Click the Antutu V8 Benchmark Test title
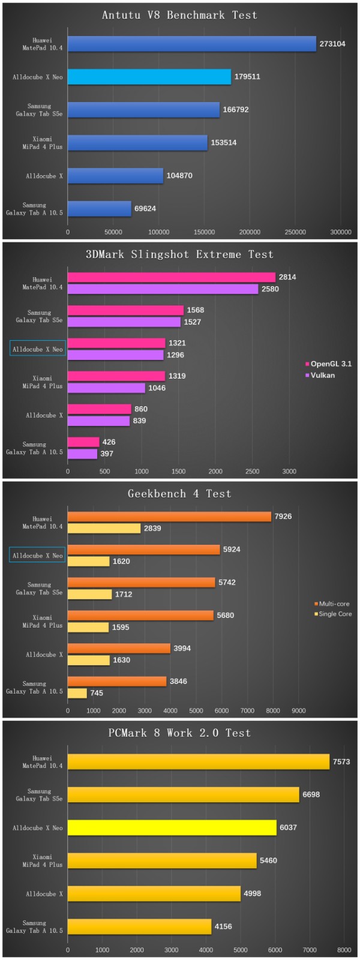pyautogui.click(x=179, y=15)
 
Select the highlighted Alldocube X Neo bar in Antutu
pyautogui.click(x=149, y=77)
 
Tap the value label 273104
pyautogui.click(x=332, y=44)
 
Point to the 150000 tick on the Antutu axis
pyautogui.click(x=205, y=232)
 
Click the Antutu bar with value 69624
pyautogui.click(x=99, y=209)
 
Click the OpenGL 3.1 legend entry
pyautogui.click(x=328, y=364)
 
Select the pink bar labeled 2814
pyautogui.click(x=171, y=277)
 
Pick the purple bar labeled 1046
pyautogui.click(x=106, y=388)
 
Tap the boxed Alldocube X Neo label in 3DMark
pyautogui.click(x=37, y=349)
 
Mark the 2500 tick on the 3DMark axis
pyautogui.click(x=253, y=472)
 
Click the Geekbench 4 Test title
pyautogui.click(x=179, y=494)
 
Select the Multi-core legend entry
pyautogui.click(x=332, y=604)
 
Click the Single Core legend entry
pyautogui.click(x=333, y=614)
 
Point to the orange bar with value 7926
pyautogui.click(x=169, y=517)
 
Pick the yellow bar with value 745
pyautogui.click(x=77, y=693)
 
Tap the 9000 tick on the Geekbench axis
pyautogui.click(x=299, y=711)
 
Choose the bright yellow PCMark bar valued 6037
pyautogui.click(x=172, y=828)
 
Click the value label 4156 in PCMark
pyautogui.click(x=223, y=926)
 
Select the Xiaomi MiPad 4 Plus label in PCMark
pyautogui.click(x=43, y=861)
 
